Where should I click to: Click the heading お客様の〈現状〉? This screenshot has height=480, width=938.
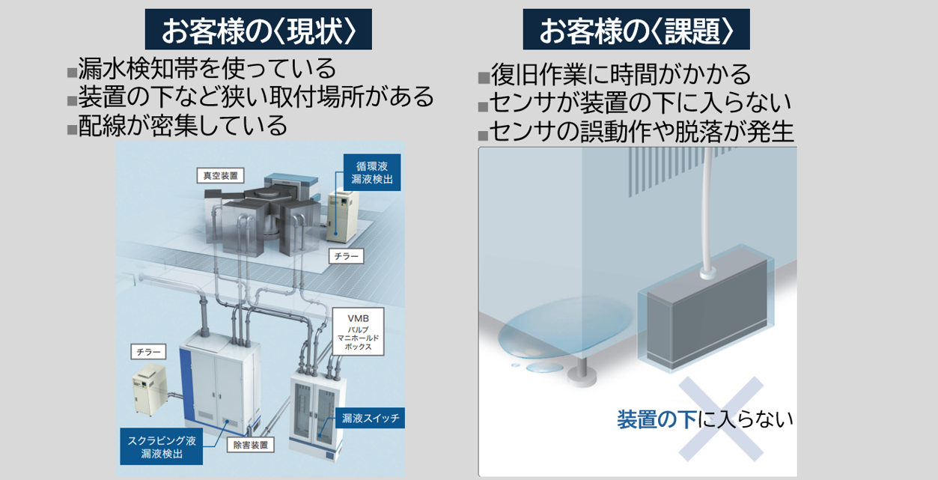(258, 29)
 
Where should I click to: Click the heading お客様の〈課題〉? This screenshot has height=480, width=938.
(636, 29)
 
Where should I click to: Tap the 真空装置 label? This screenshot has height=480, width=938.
(220, 176)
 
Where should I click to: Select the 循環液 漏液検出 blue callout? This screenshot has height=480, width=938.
(372, 172)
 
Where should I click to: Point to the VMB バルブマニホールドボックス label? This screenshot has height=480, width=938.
(358, 332)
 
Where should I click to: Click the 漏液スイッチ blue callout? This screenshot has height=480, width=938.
(370, 418)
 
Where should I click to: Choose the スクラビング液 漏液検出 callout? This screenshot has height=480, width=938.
(162, 446)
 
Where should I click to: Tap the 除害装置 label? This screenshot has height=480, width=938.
(251, 445)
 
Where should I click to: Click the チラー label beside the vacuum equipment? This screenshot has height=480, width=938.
(347, 256)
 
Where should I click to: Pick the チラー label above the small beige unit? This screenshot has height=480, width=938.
(148, 352)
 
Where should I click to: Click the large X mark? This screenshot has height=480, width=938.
(721, 419)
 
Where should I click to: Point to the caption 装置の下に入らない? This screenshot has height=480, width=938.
(704, 419)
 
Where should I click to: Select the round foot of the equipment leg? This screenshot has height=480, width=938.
(582, 376)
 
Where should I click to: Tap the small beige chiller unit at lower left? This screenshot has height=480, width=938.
(150, 389)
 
